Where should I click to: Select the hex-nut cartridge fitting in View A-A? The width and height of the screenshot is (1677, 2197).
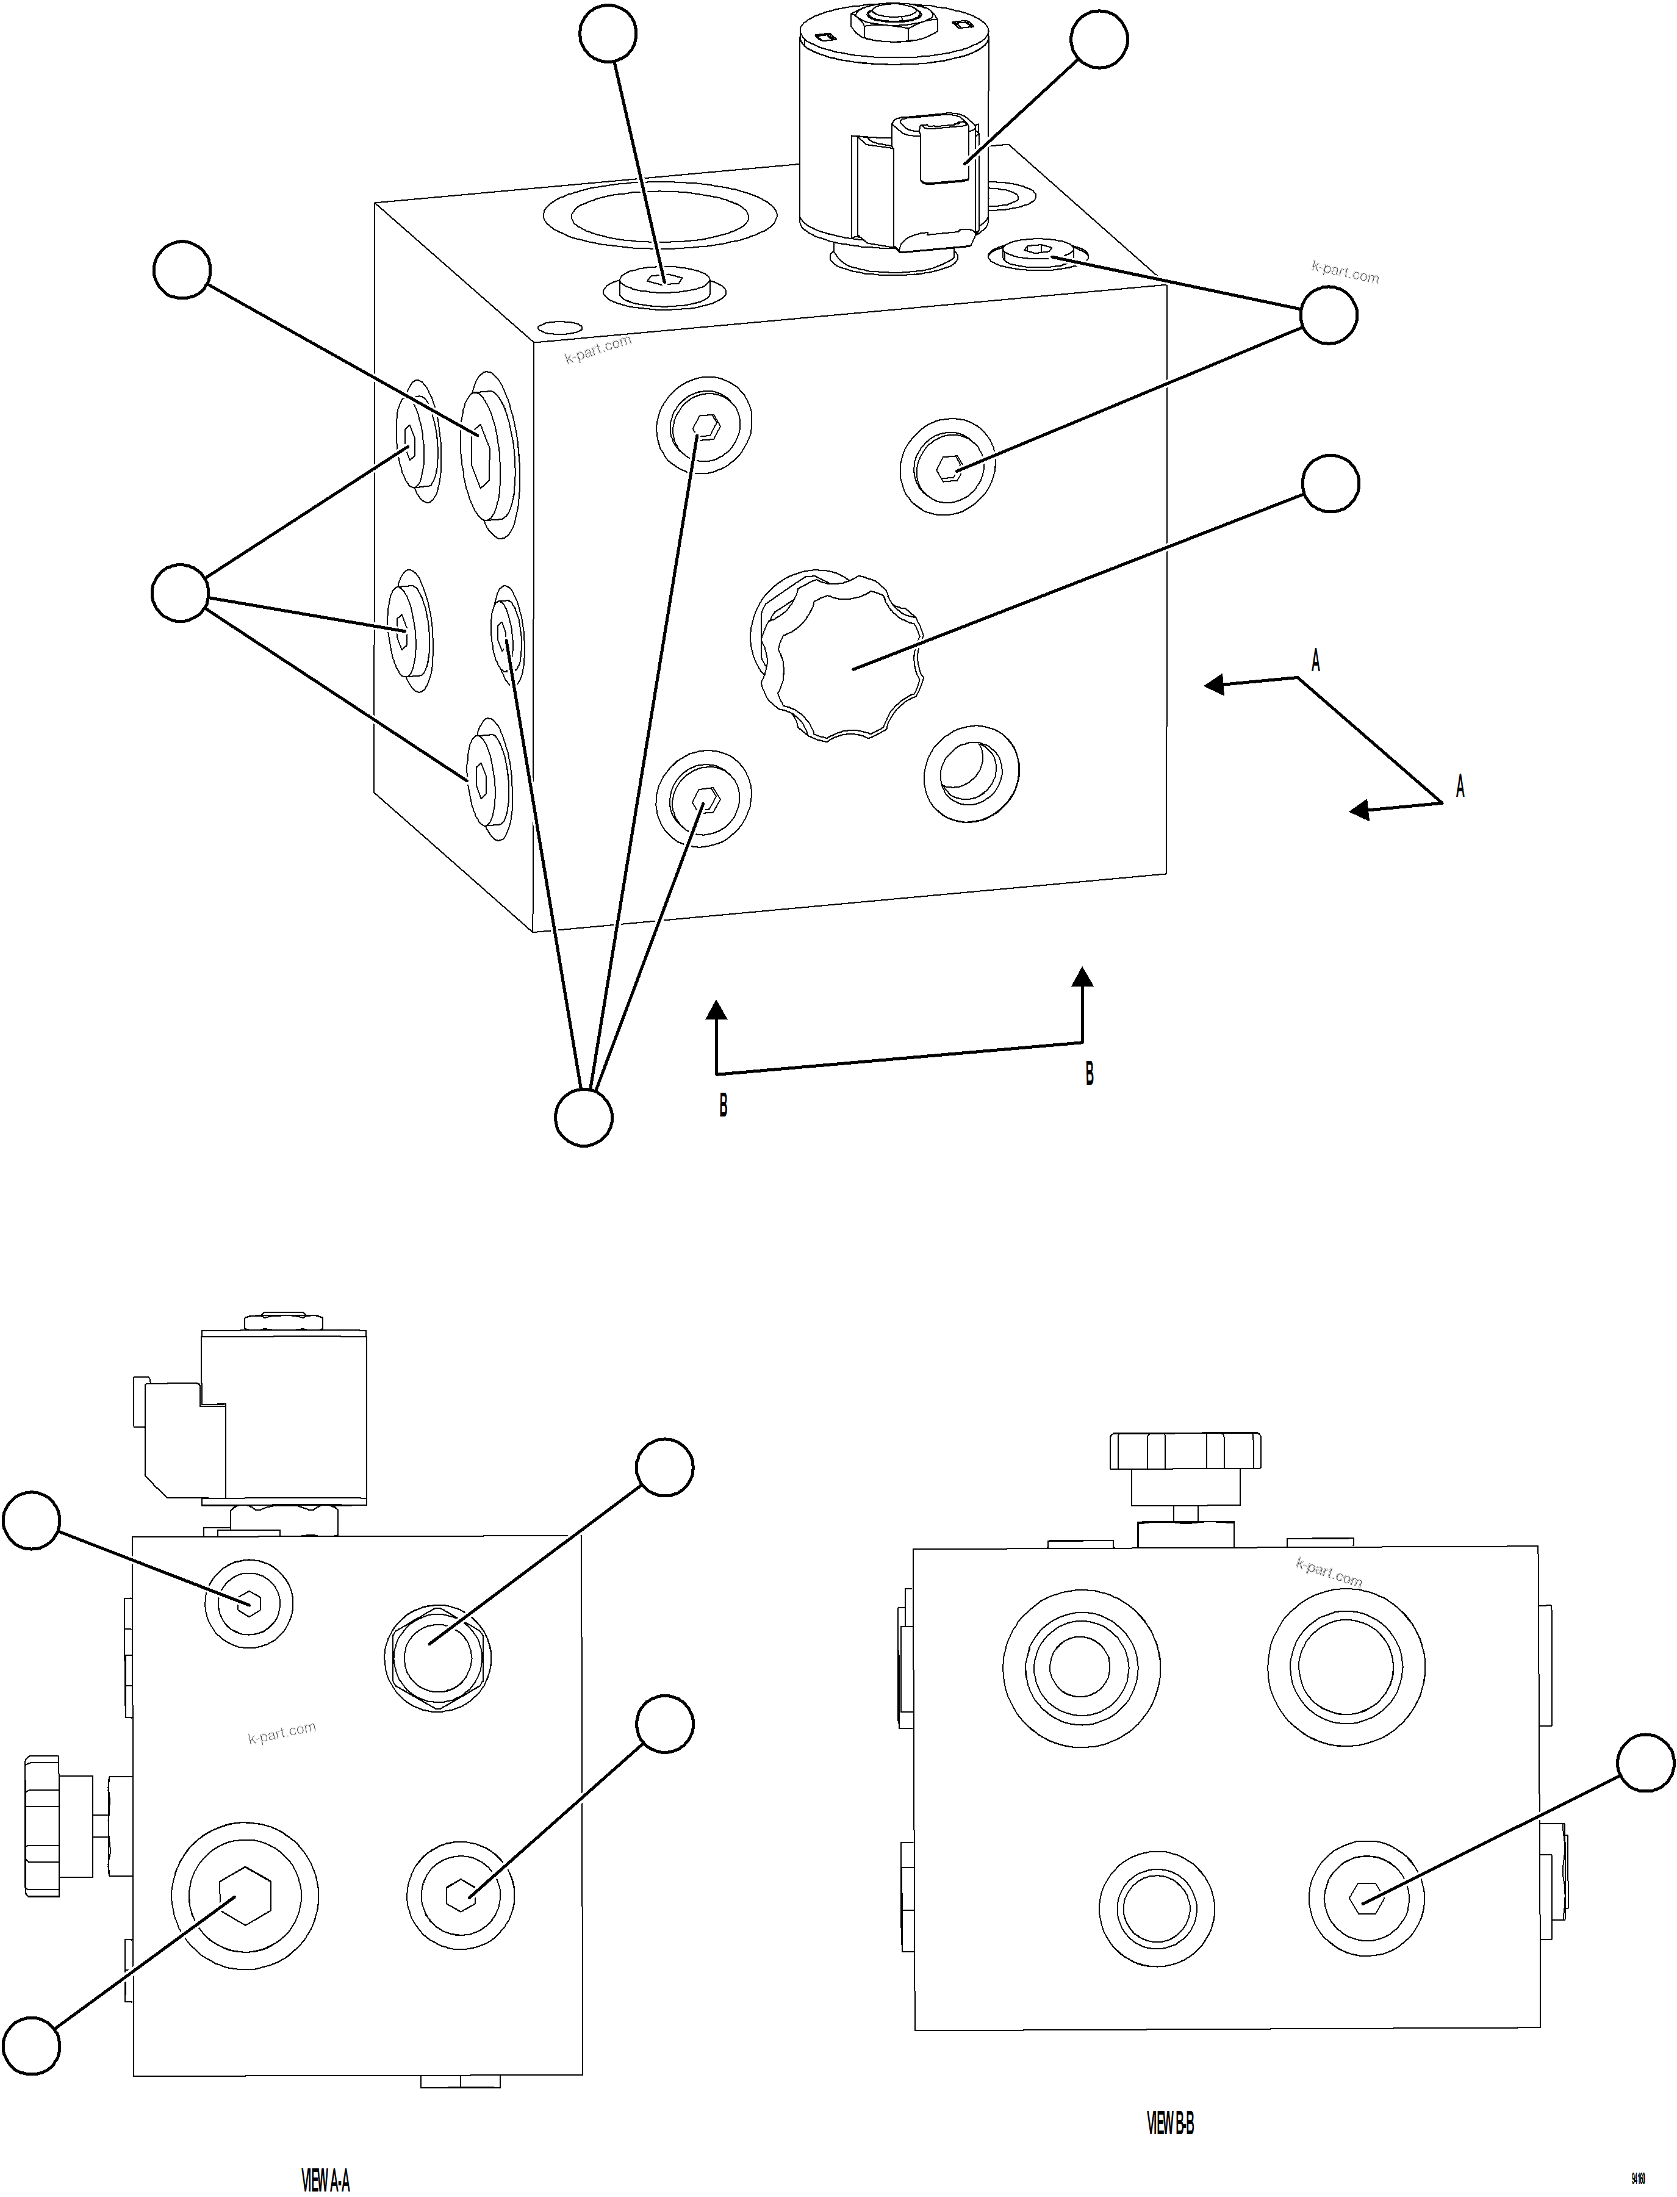point(437,1658)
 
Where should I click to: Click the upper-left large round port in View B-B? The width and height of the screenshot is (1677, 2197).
point(1081,1666)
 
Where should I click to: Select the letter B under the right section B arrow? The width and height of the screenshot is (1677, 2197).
point(1089,1074)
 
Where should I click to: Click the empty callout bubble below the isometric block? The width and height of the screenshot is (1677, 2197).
point(583,1117)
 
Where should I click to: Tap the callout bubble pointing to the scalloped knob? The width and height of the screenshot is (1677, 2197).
point(1330,484)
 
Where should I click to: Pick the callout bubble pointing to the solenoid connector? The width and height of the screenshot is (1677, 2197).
point(1099,40)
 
